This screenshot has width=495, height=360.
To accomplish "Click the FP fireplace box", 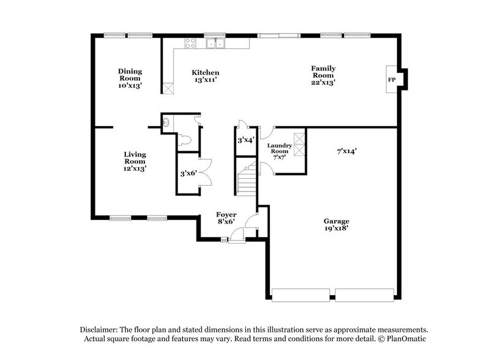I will (392, 80).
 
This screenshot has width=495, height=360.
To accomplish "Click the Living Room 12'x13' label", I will (135, 160).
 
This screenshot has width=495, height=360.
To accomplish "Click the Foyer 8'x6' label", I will (226, 219).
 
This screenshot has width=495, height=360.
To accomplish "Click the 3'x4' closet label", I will (245, 140).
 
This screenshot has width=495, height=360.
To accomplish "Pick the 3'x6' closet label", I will (187, 174).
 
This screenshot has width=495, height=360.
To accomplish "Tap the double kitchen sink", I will (214, 43).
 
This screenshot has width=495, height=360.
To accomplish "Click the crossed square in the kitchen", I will (168, 88).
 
